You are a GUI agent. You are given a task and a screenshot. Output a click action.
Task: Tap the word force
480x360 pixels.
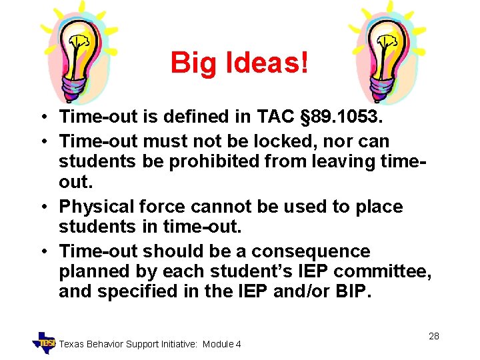click(161, 207)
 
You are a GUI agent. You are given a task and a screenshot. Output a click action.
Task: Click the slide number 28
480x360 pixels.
click(433, 336)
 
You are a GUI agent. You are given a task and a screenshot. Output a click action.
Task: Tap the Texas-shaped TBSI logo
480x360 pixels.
click(45, 342)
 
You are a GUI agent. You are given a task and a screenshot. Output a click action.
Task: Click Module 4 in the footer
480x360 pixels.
click(222, 344)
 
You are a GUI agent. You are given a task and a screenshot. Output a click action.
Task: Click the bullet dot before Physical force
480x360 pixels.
click(42, 207)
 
